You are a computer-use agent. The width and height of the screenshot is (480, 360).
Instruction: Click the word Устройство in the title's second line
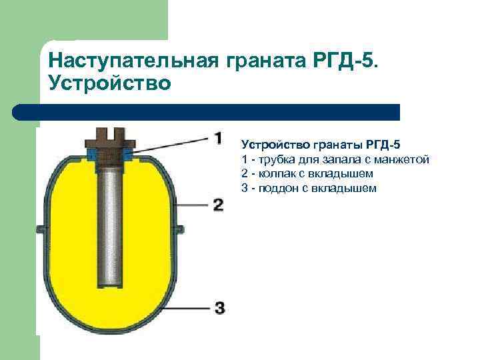tap(110, 83)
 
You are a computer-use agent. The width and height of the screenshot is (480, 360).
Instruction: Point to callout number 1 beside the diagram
tap(217, 138)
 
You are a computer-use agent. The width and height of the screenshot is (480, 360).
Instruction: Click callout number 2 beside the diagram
tap(217, 204)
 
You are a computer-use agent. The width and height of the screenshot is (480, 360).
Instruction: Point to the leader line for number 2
tap(193, 204)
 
